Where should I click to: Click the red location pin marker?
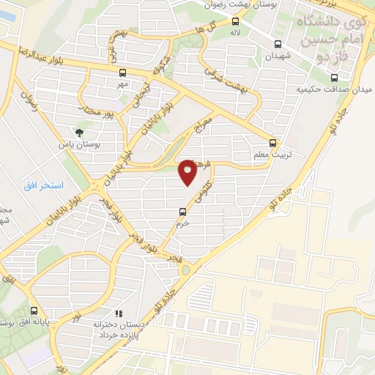pos(188,171)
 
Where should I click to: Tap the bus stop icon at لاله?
pos(235,22)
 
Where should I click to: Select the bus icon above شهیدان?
pos(276,43)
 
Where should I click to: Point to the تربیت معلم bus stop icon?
pos(272,143)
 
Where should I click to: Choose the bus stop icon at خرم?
pos(182,213)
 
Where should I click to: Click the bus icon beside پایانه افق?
pos(34,311)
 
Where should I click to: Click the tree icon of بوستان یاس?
pos(78,133)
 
